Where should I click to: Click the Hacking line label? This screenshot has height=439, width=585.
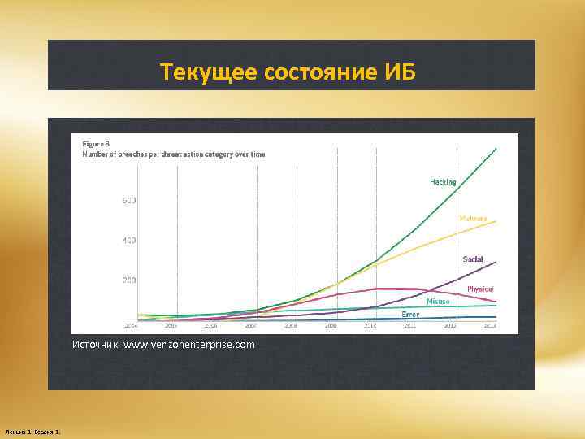443,181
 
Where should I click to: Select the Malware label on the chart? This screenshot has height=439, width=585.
473,218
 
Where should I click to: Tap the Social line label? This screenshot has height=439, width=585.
472,259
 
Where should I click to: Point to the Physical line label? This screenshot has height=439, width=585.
480,289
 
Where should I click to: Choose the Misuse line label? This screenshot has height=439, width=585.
438,301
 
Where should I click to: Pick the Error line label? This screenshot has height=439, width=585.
410,313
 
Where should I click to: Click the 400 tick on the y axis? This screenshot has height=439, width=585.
128,241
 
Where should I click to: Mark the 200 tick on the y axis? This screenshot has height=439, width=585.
128,280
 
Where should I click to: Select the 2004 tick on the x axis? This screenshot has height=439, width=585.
130,325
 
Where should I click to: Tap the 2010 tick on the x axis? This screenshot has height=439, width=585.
370,325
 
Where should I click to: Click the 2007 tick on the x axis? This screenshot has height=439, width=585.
250,325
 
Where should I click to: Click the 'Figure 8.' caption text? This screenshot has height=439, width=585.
96,145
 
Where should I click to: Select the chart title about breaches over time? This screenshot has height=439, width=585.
173,154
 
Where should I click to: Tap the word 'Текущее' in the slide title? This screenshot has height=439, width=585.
209,73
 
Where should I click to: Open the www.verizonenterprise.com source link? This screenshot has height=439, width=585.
188,345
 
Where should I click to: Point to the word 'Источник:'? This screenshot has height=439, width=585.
96,345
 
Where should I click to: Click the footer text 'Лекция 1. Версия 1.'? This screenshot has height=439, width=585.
37,430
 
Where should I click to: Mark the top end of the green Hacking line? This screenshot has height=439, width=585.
495,148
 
